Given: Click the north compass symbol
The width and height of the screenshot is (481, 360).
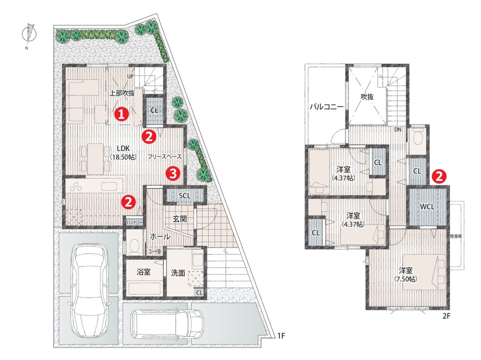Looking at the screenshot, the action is pyautogui.click(x=29, y=35).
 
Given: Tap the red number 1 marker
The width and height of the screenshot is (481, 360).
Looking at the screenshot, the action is pyautogui.click(x=122, y=114).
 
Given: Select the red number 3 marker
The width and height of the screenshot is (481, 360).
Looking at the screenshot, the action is pyautogui.click(x=173, y=174).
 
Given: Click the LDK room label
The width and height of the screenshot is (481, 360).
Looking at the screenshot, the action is pyautogui.click(x=123, y=148).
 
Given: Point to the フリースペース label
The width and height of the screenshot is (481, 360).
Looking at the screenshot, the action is pyautogui.click(x=165, y=157).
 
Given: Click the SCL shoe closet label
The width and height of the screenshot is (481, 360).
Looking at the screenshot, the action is pyautogui.click(x=185, y=196).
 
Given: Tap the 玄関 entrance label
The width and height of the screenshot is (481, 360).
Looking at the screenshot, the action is pyautogui.click(x=180, y=218).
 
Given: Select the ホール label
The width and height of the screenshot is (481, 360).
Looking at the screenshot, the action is pyautogui.click(x=160, y=237).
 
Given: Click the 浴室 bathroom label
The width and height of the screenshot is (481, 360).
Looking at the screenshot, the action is pyautogui.click(x=143, y=272).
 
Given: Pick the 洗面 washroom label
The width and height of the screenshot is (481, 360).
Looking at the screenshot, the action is pyautogui.click(x=178, y=273).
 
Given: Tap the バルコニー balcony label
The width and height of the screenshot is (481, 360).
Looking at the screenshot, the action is pyautogui.click(x=327, y=107).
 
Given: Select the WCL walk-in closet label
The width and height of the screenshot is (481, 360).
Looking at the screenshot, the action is pyautogui.click(x=427, y=206).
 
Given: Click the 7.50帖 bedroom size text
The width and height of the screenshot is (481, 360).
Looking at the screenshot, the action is pyautogui.click(x=406, y=279).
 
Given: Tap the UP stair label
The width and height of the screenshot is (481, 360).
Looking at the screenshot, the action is pyautogui.click(x=130, y=77).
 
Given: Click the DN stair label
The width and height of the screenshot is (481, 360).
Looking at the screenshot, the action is pyautogui.click(x=398, y=129).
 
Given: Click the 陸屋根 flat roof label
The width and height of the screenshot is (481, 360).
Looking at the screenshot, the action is pyautogui.click(x=456, y=236).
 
